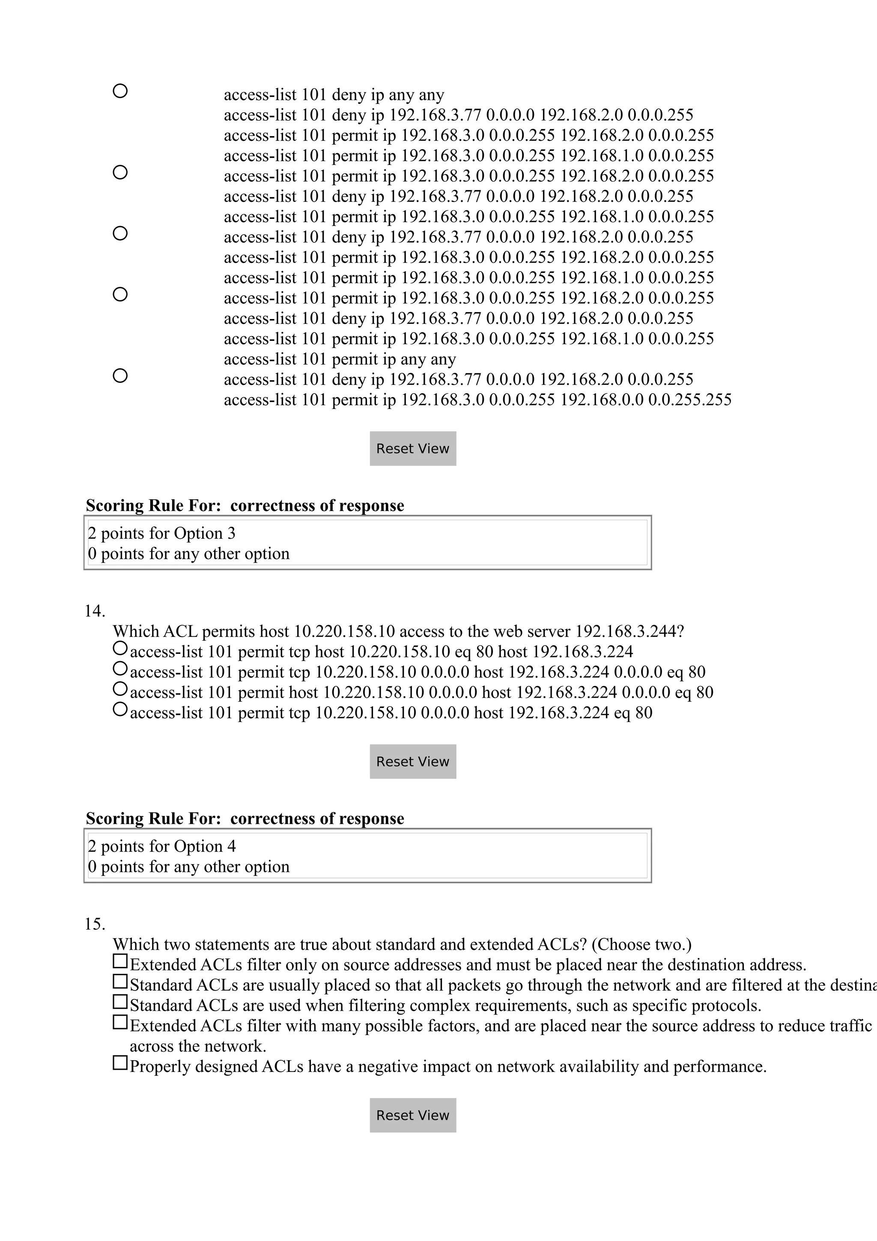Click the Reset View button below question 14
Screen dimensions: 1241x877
413,761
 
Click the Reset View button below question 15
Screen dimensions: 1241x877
413,1115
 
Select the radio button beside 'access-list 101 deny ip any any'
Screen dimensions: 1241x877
120,91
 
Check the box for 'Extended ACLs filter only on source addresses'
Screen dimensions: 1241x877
120,961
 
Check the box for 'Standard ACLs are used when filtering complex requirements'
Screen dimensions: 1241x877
120,1002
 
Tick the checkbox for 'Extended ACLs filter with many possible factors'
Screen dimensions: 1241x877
120,1022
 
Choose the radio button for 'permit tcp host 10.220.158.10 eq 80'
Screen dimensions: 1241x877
120,647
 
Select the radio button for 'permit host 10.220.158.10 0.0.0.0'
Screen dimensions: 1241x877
120,689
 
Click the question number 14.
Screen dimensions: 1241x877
95,612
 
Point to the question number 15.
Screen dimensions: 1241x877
95,924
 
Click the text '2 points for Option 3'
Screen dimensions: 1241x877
161,534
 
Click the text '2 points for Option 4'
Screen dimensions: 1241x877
161,847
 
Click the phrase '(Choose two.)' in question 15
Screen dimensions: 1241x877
641,944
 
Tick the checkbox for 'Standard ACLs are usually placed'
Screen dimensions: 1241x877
120,981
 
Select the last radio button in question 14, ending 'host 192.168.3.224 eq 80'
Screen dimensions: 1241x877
120,709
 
